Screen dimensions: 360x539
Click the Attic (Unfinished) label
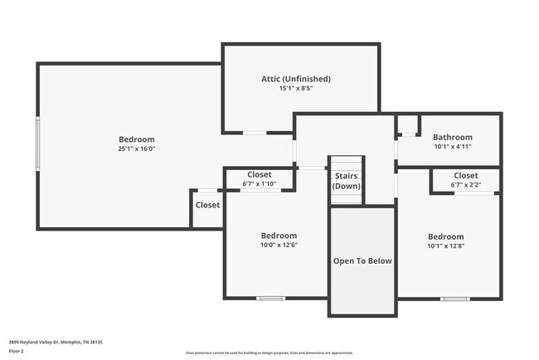296,79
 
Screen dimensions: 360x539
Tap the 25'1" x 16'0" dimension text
137,148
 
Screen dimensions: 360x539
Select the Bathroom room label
453,138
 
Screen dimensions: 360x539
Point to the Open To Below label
362,260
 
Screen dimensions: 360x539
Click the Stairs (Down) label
346,181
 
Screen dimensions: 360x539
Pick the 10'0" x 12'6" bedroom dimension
279,246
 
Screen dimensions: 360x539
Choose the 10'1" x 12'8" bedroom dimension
445,246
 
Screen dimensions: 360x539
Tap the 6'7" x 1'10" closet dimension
259,183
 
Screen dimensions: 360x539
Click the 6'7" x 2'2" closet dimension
465,185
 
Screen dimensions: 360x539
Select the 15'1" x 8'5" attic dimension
296,88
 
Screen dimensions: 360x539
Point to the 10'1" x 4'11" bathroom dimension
453,147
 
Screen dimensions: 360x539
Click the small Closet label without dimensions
207,205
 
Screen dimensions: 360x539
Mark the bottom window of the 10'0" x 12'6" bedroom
270,299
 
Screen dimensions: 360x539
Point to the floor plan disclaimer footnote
269,353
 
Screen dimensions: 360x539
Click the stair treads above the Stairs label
346,163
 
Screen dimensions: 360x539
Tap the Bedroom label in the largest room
137,139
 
